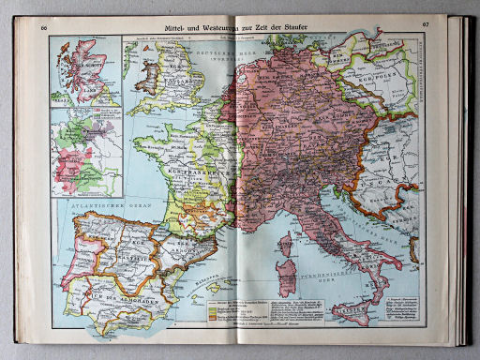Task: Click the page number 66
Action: [x=44, y=25]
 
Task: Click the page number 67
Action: [x=427, y=23]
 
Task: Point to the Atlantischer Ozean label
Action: [x=89, y=205]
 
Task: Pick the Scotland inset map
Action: [x=85, y=71]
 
